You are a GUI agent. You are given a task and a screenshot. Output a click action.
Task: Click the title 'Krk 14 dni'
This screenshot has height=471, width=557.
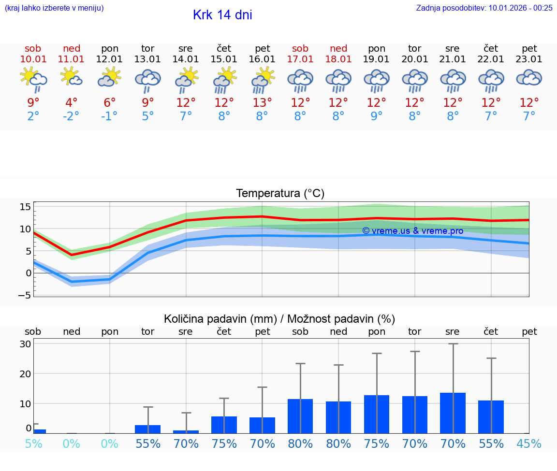[222, 15]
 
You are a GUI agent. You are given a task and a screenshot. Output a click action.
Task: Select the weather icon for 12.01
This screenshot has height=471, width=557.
[110, 78]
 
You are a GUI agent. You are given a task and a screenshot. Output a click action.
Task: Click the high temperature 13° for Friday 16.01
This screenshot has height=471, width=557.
[262, 103]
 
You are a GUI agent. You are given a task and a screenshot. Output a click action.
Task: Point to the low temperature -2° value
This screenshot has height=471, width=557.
[71, 116]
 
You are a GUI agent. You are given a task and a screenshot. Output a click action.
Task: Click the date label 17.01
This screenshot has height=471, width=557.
[300, 59]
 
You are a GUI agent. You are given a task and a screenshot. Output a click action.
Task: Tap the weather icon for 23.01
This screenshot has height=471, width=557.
[529, 78]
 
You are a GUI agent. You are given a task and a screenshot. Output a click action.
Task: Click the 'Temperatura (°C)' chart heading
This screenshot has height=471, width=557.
[280, 194]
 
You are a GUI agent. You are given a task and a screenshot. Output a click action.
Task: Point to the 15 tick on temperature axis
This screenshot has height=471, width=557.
[26, 207]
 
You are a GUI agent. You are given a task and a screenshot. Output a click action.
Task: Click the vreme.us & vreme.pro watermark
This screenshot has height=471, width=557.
[412, 231]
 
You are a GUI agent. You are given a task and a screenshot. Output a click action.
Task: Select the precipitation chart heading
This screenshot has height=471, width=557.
[279, 319]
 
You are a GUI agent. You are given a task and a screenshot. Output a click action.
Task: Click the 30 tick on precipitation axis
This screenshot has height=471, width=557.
[26, 344]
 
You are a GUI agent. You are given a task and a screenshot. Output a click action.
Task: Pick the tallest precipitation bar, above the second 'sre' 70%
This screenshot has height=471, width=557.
[453, 413]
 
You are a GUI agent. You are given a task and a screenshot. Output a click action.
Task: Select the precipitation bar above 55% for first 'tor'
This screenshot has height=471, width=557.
[147, 429]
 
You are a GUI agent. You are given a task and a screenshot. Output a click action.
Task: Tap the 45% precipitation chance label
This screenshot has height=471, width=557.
[529, 444]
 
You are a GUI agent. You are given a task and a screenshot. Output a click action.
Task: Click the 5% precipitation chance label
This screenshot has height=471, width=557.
[33, 444]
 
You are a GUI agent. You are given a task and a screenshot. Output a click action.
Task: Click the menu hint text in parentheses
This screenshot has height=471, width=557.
[54, 8]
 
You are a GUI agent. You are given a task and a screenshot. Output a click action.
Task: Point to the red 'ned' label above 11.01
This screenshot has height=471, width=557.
[72, 48]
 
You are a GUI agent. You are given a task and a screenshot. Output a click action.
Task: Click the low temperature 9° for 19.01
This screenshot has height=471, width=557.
[377, 116]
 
